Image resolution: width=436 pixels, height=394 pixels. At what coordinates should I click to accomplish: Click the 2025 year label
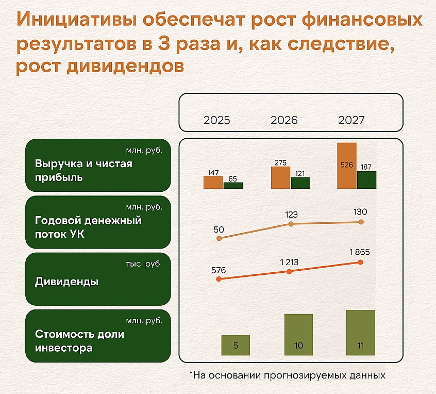216,120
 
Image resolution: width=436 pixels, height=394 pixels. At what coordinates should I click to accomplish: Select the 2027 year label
351,120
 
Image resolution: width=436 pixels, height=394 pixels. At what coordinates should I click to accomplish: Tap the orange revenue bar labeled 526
347,166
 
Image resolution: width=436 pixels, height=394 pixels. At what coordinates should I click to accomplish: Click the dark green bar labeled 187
367,180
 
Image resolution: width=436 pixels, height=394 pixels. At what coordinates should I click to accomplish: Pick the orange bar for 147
213,183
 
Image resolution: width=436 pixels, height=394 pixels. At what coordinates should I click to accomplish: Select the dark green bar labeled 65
233,186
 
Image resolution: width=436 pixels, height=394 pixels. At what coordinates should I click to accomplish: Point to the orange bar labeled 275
280,177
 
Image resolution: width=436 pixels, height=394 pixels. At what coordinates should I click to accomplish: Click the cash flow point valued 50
219,238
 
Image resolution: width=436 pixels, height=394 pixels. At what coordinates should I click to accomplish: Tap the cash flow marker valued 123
291,224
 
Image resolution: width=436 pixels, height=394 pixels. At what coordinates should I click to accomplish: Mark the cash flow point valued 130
361,222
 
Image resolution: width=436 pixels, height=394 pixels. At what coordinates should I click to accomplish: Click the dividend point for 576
219,279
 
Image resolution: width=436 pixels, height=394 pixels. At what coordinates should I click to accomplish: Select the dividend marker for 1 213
289,272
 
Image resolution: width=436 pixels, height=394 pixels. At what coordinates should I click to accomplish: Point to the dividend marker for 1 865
361,262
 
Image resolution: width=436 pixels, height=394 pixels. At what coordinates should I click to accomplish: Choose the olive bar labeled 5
236,345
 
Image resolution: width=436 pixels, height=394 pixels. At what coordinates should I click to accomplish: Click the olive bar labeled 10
298,335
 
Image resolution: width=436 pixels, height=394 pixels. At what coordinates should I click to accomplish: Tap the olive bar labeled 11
361,333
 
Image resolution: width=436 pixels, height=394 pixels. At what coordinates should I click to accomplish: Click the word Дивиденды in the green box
66,282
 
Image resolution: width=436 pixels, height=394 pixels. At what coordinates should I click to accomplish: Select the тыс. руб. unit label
144,264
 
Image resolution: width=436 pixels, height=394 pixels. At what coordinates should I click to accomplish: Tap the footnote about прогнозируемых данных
287,375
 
